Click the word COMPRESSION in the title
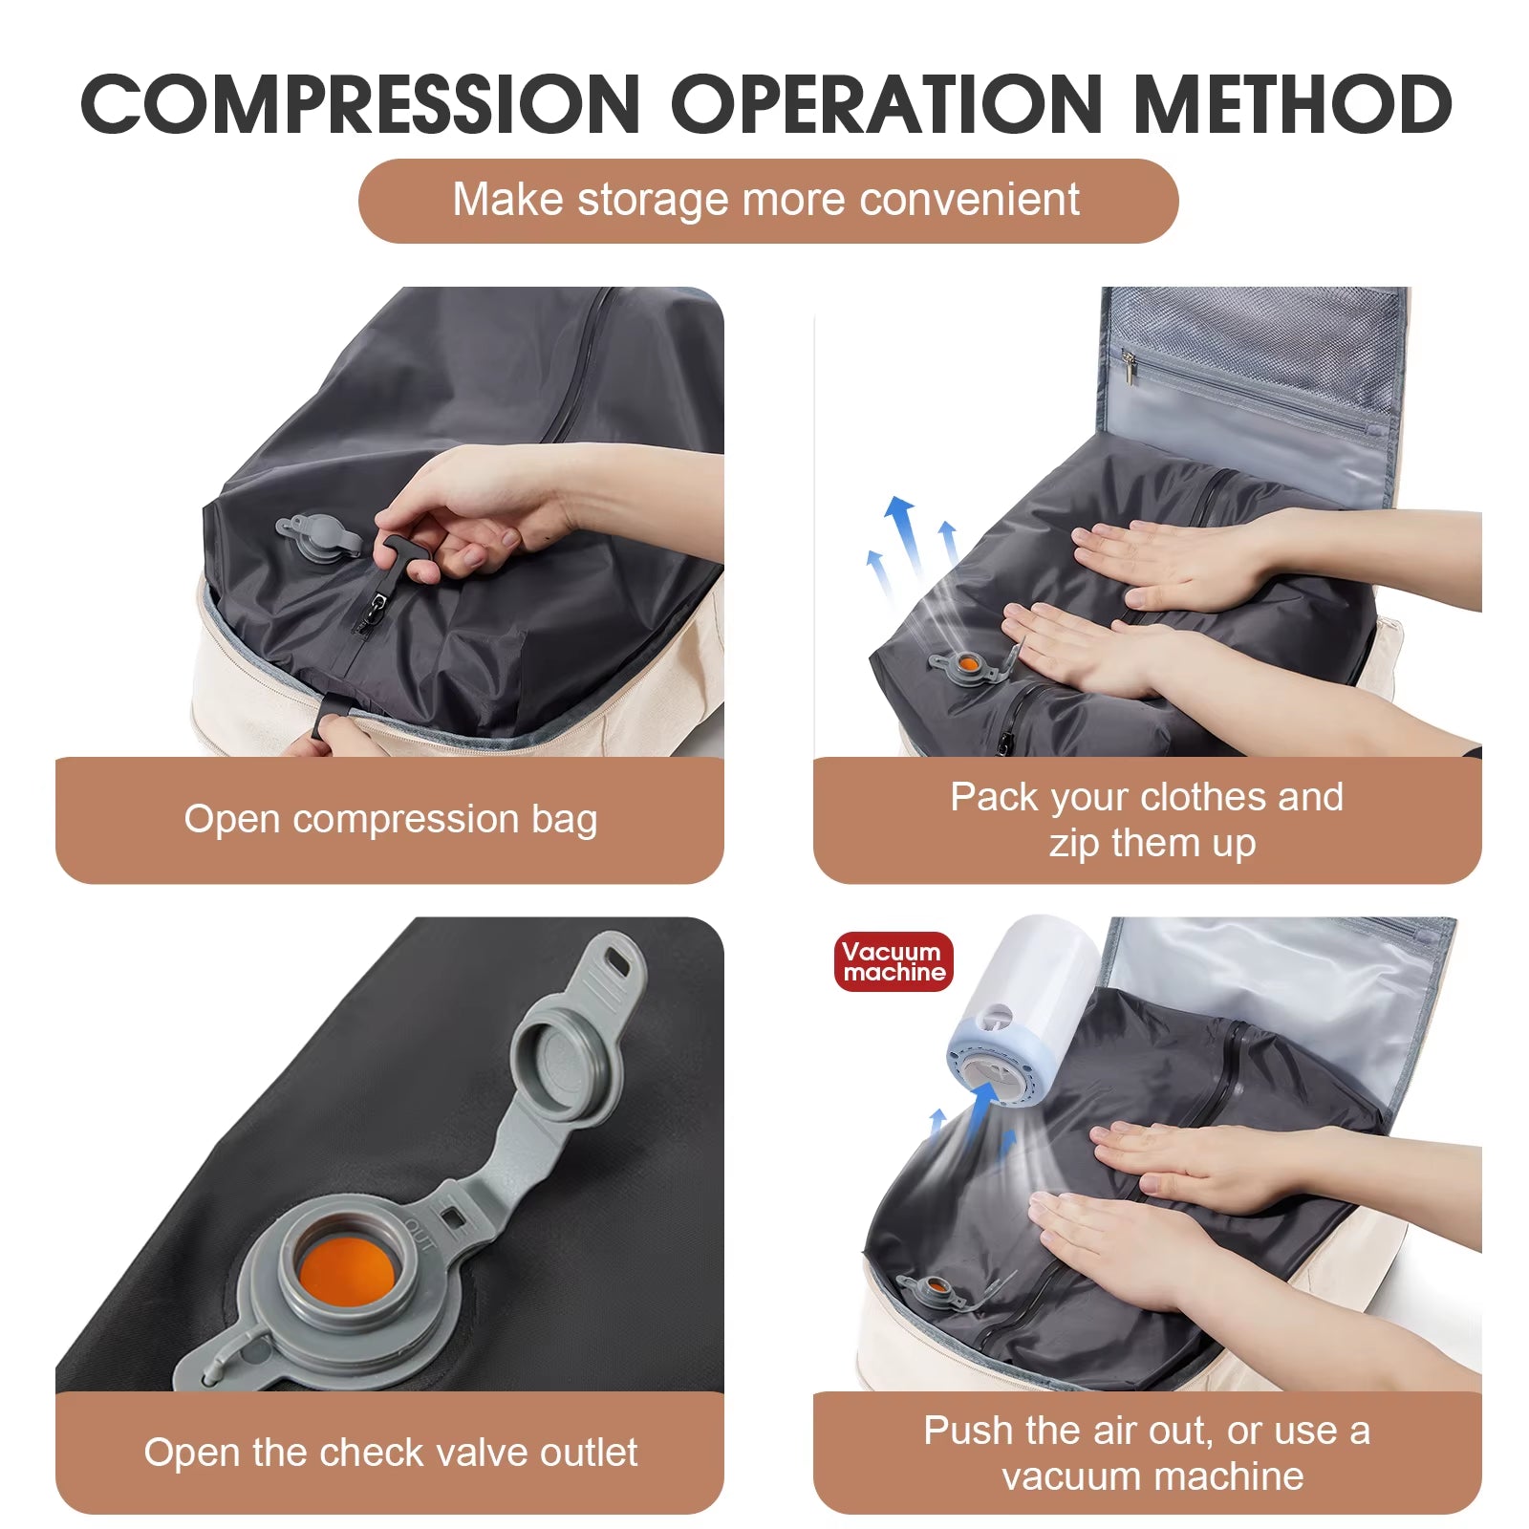coord(360,104)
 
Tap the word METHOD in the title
coord(1292,104)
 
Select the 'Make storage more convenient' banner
coord(767,201)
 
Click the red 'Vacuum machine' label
coord(894,961)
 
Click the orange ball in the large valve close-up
coord(345,1272)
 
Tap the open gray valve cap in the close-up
coord(565,1060)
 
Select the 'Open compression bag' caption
coord(390,820)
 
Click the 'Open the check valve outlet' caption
coord(390,1453)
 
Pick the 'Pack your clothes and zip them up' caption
coord(1147,820)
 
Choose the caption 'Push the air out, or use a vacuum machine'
coord(1147,1453)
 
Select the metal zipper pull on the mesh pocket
coord(1129,368)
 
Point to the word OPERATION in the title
coord(886,104)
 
